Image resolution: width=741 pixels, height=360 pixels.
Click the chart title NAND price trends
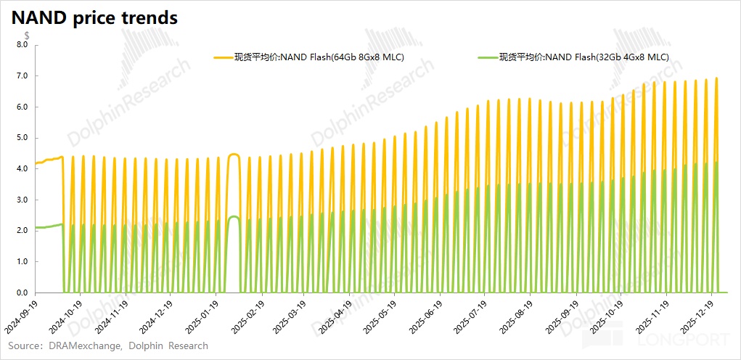tap(94, 18)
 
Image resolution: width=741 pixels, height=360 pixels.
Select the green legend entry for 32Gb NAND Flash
tap(573, 57)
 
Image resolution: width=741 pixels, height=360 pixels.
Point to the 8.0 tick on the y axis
tap(21, 45)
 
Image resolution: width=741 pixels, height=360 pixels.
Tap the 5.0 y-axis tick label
tap(21, 138)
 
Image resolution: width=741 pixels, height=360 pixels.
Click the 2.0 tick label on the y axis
tap(21, 231)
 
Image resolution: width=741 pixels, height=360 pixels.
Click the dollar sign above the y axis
tap(27, 35)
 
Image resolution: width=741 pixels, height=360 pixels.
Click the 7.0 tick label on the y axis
tap(21, 76)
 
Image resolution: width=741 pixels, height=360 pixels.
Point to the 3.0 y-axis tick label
tap(21, 200)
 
